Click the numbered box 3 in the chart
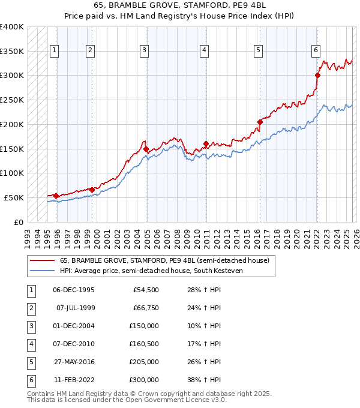pos(145,51)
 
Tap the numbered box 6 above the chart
pos(316,51)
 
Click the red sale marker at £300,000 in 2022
pos(317,76)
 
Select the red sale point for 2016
pos(260,122)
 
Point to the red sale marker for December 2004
pos(146,148)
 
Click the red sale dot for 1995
pos(56,196)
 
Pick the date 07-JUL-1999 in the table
pos(75,308)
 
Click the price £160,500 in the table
pos(144,344)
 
